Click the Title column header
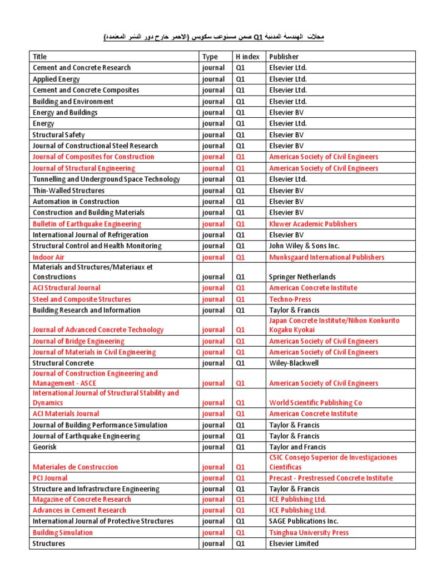tap(40, 57)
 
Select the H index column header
tap(246, 57)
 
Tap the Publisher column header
tap(284, 57)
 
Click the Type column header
tap(210, 57)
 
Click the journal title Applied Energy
tap(56, 79)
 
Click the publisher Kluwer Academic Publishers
tap(313, 224)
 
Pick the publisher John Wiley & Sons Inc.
tap(304, 246)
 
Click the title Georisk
tap(44, 447)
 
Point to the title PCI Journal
tap(50, 478)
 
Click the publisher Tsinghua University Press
tap(309, 532)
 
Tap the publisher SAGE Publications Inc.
tap(304, 521)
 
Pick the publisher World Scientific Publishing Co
tap(315, 403)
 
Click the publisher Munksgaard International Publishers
tap(326, 257)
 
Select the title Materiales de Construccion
tap(75, 467)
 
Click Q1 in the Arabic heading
tap(257, 37)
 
